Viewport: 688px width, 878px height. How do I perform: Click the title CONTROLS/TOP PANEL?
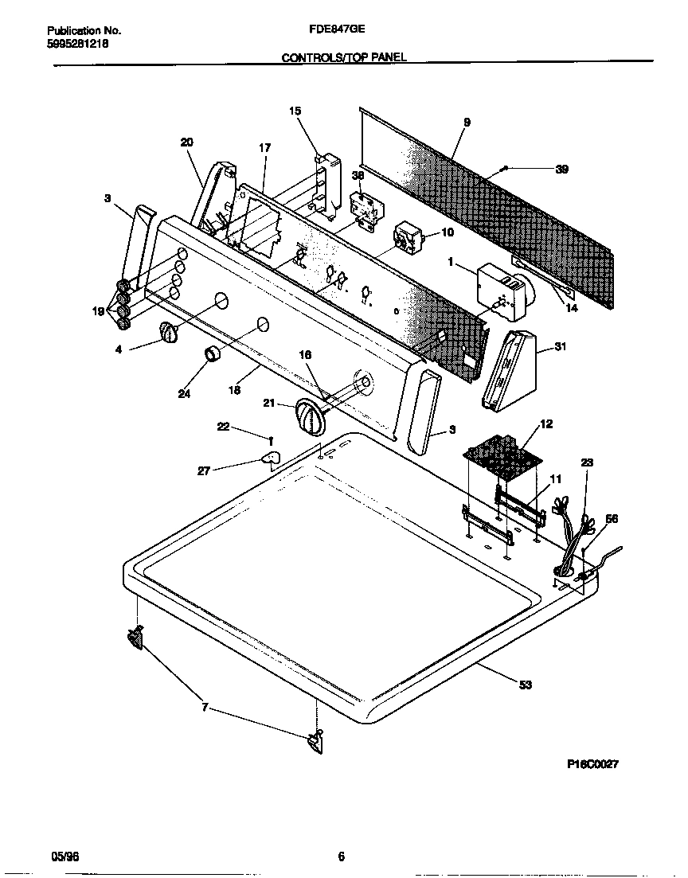pos(344,58)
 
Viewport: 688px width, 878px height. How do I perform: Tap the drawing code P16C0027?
pos(592,763)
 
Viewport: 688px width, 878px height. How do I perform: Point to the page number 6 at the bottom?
pos(341,857)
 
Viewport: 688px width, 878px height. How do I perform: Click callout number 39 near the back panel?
pos(561,169)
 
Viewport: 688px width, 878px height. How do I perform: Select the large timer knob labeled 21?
pos(308,416)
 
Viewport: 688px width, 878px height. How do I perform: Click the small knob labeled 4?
pos(168,333)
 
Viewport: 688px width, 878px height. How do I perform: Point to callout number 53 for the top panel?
pos(525,685)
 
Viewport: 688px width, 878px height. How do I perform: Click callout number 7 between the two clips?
pos(206,707)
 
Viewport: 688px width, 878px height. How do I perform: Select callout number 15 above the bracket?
pos(295,111)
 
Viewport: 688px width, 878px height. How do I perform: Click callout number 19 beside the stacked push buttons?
pos(98,312)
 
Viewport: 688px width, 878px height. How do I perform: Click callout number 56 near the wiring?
pos(612,518)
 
